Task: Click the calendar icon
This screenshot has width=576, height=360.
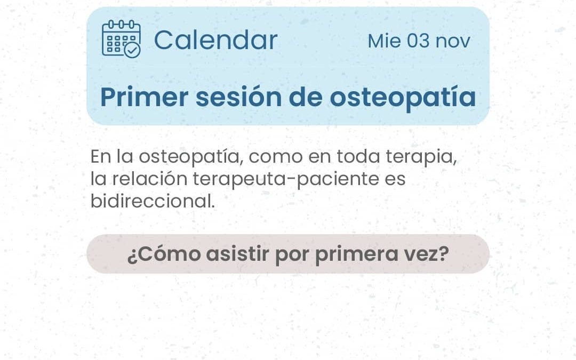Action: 121,39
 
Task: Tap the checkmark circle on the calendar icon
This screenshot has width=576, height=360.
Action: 132,50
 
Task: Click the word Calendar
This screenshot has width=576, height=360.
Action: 215,40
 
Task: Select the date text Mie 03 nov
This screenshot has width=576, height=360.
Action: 419,41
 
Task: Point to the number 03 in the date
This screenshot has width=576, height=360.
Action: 418,41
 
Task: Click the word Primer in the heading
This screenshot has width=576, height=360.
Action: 145,98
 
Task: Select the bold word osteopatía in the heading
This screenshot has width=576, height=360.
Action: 403,98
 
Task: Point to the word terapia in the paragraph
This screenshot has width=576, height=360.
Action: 421,157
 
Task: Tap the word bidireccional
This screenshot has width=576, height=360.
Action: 153,201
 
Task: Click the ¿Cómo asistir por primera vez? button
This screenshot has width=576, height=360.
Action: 288,254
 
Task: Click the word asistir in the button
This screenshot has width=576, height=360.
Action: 237,254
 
